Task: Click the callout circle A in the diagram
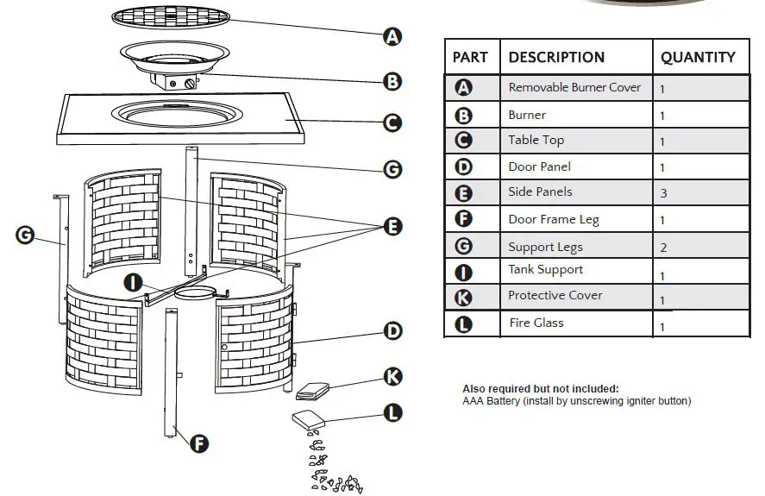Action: pos(392,36)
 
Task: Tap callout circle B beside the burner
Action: pos(392,82)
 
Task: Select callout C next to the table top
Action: pos(392,123)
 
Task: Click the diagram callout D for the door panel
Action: pos(392,330)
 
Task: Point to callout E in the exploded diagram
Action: pos(392,227)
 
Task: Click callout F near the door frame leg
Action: pos(198,444)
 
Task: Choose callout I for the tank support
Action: pos(134,282)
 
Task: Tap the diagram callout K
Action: pos(392,376)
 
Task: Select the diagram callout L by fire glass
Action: pos(392,413)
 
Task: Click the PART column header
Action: pos(470,58)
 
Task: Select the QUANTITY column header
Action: pos(698,58)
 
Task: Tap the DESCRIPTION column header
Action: pos(556,58)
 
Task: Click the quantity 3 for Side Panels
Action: pos(663,193)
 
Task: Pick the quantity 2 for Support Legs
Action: pos(663,248)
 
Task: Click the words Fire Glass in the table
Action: pos(536,323)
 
